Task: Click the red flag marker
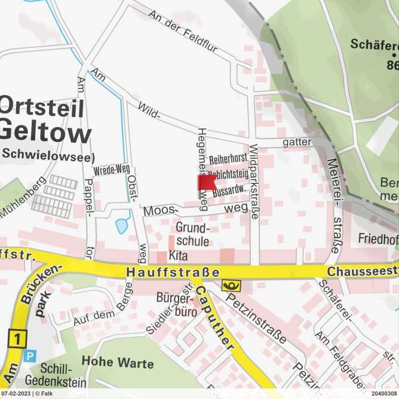point(206,183)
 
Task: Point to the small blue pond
point(122,225)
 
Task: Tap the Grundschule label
point(192,235)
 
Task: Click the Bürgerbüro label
point(173,303)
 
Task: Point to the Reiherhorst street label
point(228,160)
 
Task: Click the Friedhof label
point(378,240)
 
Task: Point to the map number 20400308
point(383,394)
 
